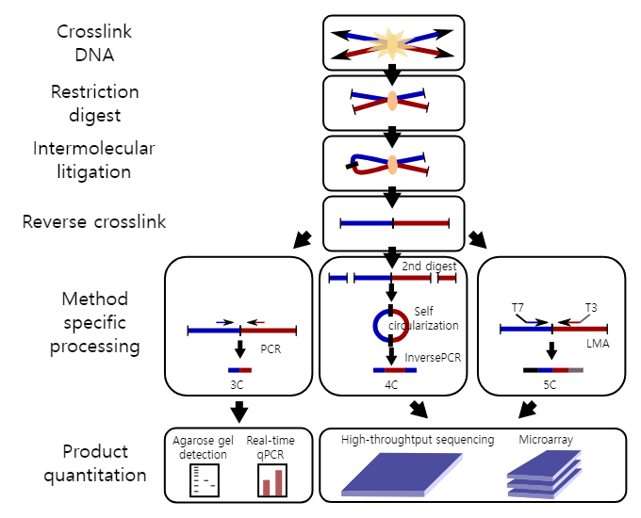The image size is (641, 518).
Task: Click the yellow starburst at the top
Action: pos(391,43)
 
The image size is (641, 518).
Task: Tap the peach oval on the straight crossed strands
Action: pos(392,101)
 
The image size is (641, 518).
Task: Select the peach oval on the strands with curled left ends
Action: pos(392,165)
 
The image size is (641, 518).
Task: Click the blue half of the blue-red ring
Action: pos(379,326)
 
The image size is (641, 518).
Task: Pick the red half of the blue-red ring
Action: pos(403,326)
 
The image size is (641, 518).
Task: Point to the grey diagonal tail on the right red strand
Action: pos(585,318)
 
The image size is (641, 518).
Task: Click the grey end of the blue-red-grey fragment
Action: pos(576,370)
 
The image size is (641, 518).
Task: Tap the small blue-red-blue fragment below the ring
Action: pos(394,370)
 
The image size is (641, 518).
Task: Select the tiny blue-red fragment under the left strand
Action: pos(239,370)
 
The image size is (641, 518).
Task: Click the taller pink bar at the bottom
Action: pos(279,482)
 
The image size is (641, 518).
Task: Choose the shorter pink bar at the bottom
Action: pos(267,487)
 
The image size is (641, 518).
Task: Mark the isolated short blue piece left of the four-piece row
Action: pos(337,278)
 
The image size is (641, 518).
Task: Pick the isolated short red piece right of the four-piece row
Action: pos(447,278)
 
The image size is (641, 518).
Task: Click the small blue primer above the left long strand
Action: pos(221,322)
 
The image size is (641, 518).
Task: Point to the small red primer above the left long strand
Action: pos(260,322)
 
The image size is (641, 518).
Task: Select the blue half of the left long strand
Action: pos(214,331)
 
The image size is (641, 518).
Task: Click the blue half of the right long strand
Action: pos(526,329)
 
